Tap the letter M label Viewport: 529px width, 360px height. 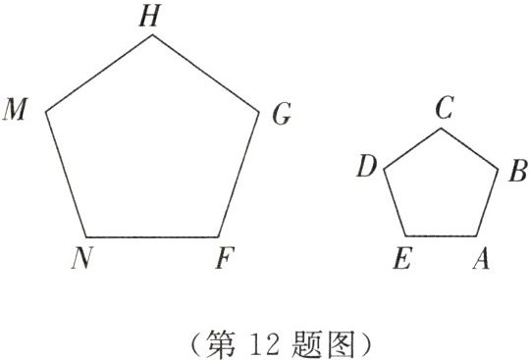tap(17, 109)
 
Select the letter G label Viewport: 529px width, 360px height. tap(281, 116)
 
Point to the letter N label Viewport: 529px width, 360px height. tap(81, 259)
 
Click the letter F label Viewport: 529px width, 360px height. tap(226, 260)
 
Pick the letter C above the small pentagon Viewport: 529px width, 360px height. tap(444, 108)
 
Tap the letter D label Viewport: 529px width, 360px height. tap(367, 168)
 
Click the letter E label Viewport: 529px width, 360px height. tap(399, 259)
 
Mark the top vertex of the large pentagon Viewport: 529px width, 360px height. tap(152, 34)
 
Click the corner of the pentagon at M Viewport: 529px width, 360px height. tap(47, 109)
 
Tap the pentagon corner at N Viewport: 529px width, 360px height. tap(86, 236)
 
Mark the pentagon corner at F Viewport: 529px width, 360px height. tap(218, 237)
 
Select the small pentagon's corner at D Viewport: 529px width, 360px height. tap(383, 169)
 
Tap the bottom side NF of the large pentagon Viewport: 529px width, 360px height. tap(152, 237)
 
